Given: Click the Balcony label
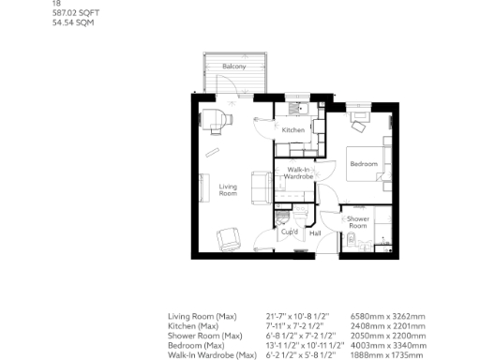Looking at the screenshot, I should pyautogui.click(x=233, y=67).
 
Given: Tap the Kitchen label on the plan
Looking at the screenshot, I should pyautogui.click(x=293, y=130).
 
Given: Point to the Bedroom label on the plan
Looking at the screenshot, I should pyautogui.click(x=363, y=164).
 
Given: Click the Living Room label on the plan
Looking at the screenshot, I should pyautogui.click(x=228, y=191).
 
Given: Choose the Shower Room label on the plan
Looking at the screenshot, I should pyautogui.click(x=357, y=222).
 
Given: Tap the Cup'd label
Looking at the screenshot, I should pyautogui.click(x=290, y=232).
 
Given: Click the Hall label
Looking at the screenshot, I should pyautogui.click(x=315, y=232).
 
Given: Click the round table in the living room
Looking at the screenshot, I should pyautogui.click(x=213, y=118).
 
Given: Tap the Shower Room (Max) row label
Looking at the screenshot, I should pyautogui.click(x=205, y=336).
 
